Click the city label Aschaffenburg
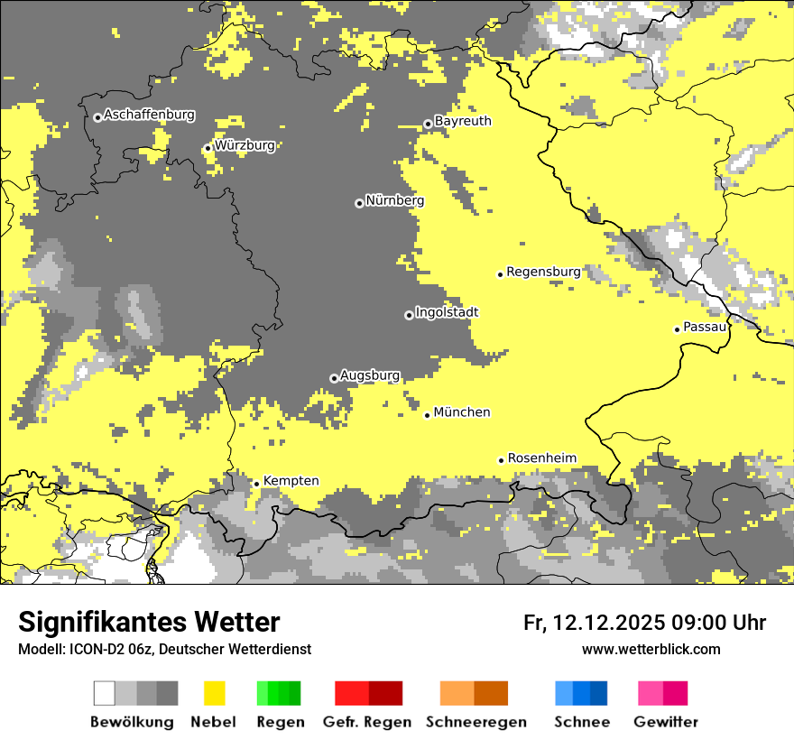click(149, 116)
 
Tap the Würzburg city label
click(245, 145)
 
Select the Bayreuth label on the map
click(463, 121)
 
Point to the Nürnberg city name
click(394, 201)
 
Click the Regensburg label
click(543, 272)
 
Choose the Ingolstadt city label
click(447, 313)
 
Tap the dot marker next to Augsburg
click(334, 378)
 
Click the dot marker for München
click(428, 415)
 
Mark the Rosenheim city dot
click(502, 460)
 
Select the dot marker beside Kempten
click(256, 484)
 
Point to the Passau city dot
click(678, 329)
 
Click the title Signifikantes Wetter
click(149, 622)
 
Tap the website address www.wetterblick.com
click(651, 649)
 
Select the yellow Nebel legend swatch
click(214, 693)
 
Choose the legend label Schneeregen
click(476, 722)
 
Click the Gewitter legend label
click(666, 722)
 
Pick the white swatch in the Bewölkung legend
click(105, 693)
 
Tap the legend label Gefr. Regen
click(367, 722)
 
